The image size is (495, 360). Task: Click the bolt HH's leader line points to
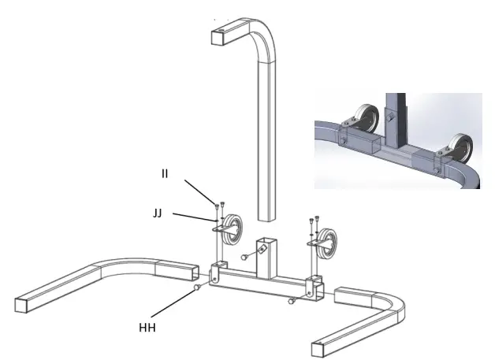tap(195, 288)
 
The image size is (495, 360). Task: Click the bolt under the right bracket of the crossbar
tap(292, 300)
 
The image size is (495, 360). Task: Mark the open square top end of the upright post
tap(222, 35)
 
